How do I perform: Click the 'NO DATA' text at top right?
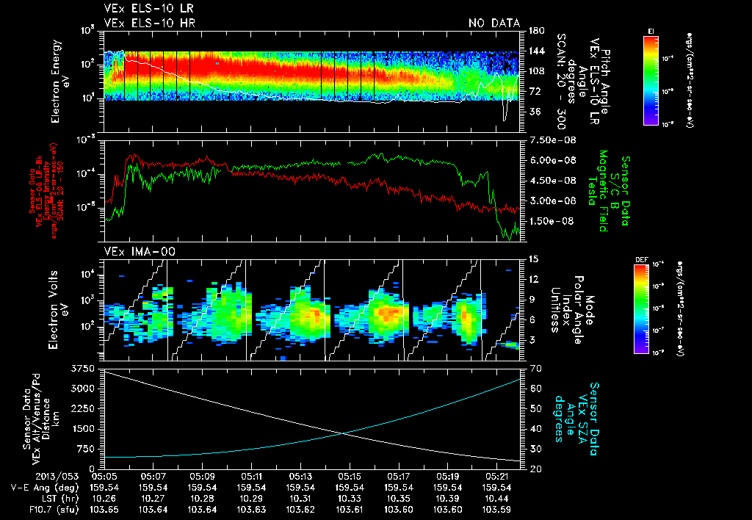[x=494, y=23]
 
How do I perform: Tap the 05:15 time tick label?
[x=350, y=476]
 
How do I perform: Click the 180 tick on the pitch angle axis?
[x=535, y=30]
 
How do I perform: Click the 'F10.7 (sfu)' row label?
[x=54, y=509]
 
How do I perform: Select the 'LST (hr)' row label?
[x=61, y=498]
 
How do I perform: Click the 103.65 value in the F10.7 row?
[x=104, y=509]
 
